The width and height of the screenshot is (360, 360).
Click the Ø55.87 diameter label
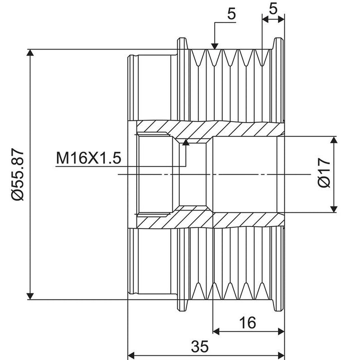pyautogui.click(x=18, y=175)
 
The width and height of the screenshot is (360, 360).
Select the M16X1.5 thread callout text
pyautogui.click(x=89, y=158)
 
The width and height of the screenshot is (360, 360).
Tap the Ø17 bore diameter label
pyautogui.click(x=324, y=173)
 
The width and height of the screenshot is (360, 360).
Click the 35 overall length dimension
pyautogui.click(x=200, y=346)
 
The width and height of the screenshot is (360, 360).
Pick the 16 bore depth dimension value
pyautogui.click(x=247, y=322)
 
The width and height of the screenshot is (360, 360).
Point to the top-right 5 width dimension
pyautogui.click(x=273, y=9)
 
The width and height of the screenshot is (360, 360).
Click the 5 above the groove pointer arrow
pyautogui.click(x=231, y=14)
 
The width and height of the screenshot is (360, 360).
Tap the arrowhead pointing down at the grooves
pyautogui.click(x=215, y=46)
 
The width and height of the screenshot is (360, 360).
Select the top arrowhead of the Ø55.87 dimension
pyautogui.click(x=30, y=53)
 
